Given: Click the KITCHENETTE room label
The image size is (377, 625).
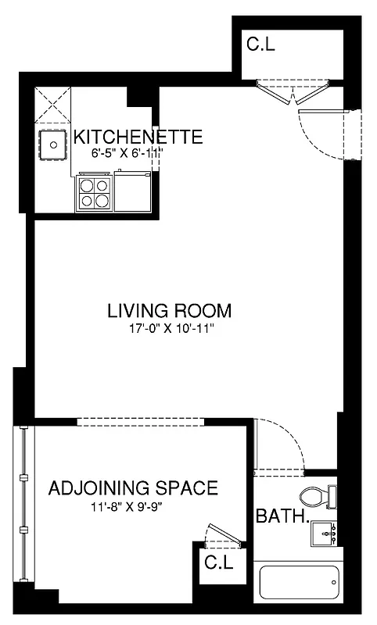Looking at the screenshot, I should [x=138, y=137].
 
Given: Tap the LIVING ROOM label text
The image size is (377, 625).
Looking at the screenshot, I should [x=170, y=310].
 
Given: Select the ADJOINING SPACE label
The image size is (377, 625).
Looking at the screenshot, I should [x=133, y=489].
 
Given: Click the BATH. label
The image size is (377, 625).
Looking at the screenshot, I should [x=282, y=516].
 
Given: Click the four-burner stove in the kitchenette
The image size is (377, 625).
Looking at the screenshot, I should [x=94, y=192].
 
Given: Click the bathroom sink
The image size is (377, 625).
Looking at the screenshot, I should [x=324, y=534].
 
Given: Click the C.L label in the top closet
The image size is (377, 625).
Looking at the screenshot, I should [x=260, y=45].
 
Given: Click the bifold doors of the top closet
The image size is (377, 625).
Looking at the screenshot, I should [x=293, y=92].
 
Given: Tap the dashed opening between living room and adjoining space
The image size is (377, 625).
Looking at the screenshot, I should [x=141, y=422].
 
